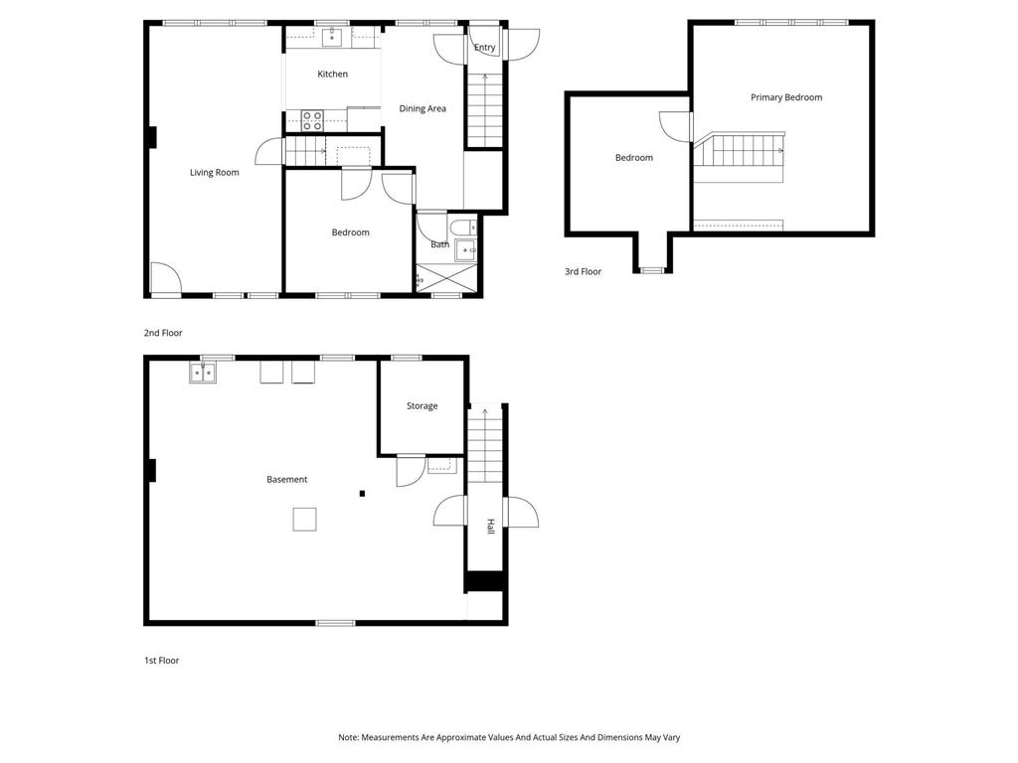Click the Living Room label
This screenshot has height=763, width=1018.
[x=215, y=173]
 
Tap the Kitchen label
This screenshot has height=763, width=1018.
[x=332, y=75]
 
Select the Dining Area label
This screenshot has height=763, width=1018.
[x=423, y=109]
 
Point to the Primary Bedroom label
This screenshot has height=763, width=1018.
[x=786, y=97]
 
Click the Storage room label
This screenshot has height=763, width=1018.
[x=422, y=406]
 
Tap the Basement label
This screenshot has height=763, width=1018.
[x=286, y=480]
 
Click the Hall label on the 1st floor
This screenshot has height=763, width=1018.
[x=489, y=527]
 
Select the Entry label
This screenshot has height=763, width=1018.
[x=484, y=48]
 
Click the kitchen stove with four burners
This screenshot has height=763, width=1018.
[x=312, y=121]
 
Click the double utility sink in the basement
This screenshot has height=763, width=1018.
[x=203, y=373]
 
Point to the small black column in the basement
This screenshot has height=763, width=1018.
[x=363, y=493]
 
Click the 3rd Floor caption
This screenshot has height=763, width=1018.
[x=583, y=271]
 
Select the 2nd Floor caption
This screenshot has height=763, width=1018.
[x=163, y=334]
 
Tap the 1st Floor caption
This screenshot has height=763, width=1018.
[x=161, y=661]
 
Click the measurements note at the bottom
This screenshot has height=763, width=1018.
[x=508, y=738]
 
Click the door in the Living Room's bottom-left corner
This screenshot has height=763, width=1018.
[x=165, y=279]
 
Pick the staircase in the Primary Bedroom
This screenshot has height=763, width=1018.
[x=741, y=151]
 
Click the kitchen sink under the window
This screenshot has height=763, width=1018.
[x=332, y=38]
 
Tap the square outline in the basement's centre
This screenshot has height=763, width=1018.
[x=304, y=519]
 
